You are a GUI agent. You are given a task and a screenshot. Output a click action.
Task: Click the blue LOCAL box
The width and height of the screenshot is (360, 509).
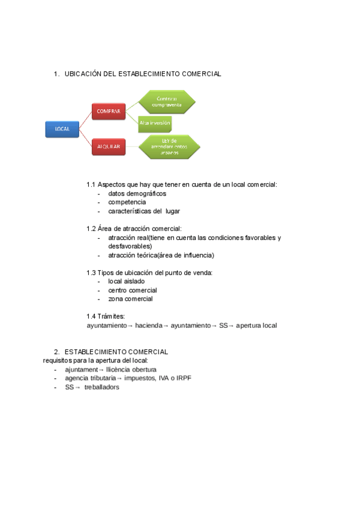point(62,129)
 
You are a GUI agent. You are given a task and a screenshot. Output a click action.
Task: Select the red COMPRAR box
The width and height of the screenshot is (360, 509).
point(109,111)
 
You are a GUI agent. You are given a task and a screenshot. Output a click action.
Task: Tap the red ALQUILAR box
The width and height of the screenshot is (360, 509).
point(109,146)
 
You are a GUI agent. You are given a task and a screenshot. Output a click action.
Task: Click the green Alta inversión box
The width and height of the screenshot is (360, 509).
point(155,122)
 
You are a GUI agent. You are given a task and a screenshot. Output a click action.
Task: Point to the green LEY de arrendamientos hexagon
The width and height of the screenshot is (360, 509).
point(169,146)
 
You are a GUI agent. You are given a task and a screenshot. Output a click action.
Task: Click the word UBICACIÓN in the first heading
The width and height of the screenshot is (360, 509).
point(83,74)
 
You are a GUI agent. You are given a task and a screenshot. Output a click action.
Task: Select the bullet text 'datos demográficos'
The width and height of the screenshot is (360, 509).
point(137,194)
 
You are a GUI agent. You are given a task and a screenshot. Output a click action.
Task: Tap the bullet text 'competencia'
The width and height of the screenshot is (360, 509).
point(127,202)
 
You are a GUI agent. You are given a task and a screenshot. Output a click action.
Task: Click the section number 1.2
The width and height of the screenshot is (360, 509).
point(91,229)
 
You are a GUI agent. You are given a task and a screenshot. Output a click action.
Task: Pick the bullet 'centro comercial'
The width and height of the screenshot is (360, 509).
point(133,290)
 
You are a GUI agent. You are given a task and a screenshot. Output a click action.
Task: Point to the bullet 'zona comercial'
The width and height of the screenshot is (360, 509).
point(130,298)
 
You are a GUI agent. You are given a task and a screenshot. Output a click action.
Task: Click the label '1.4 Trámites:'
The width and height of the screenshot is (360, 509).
point(106,316)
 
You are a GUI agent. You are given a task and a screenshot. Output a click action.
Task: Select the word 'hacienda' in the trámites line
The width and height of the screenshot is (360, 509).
point(148,325)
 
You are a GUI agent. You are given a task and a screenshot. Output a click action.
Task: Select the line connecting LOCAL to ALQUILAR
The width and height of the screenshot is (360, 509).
point(85,137)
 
